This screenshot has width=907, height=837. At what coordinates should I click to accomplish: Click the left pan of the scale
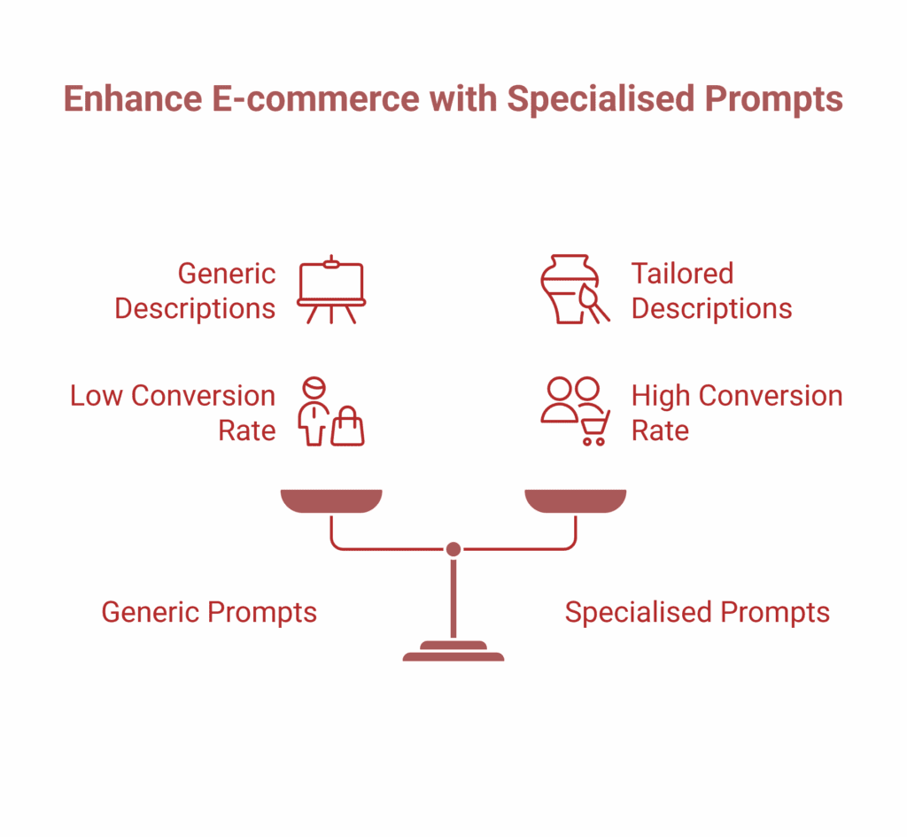[x=331, y=500]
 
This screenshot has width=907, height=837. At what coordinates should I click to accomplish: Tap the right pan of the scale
[x=576, y=500]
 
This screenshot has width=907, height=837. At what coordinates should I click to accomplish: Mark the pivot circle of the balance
[x=453, y=549]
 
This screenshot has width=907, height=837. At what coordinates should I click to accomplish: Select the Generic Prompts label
[x=209, y=612]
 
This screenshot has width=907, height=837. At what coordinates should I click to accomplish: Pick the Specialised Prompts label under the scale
[x=697, y=612]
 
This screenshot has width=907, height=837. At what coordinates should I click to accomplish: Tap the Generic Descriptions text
[x=196, y=291]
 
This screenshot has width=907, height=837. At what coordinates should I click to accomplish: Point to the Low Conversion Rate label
[x=174, y=413]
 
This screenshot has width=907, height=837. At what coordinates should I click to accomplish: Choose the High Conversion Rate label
[x=736, y=413]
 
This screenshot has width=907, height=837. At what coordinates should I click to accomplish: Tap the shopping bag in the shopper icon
[x=347, y=428]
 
